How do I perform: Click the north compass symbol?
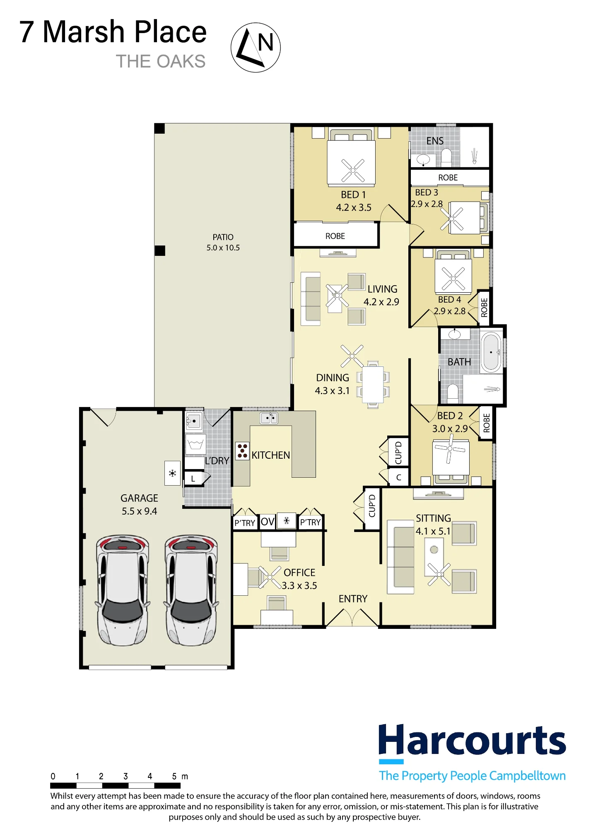[x=256, y=48]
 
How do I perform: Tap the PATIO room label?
[x=223, y=237]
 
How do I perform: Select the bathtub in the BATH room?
[x=491, y=352]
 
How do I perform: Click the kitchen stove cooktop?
[x=242, y=451]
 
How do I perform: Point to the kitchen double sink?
[x=269, y=418]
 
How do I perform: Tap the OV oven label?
[x=268, y=521]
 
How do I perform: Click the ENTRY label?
[x=353, y=599]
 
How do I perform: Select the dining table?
[x=373, y=385]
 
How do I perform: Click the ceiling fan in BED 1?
[x=353, y=170]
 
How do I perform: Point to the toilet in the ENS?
[x=446, y=157]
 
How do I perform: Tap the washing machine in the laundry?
[x=195, y=445]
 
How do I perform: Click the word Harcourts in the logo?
[x=472, y=740]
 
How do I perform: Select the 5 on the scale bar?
[x=174, y=776]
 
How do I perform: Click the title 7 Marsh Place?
[x=113, y=32]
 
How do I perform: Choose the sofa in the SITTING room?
[x=401, y=557]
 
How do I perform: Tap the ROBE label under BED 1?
[x=335, y=236]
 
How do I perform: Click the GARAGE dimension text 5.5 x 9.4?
[x=139, y=511]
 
